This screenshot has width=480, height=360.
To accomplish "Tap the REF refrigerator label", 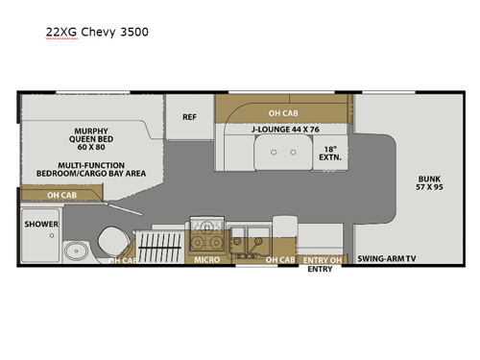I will click(190, 117).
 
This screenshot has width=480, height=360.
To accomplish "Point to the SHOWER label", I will click(41, 224).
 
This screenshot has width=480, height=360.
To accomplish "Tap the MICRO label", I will click(207, 260).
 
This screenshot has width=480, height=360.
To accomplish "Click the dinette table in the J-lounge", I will click(281, 153).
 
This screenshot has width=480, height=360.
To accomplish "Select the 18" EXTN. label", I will click(331, 152).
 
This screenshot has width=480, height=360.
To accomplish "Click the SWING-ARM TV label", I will click(388, 259).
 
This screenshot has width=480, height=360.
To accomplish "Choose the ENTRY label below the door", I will click(320, 270).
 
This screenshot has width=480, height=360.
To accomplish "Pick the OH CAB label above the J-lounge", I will click(282, 111).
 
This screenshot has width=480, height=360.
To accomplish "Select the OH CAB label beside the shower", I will click(61, 195).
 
